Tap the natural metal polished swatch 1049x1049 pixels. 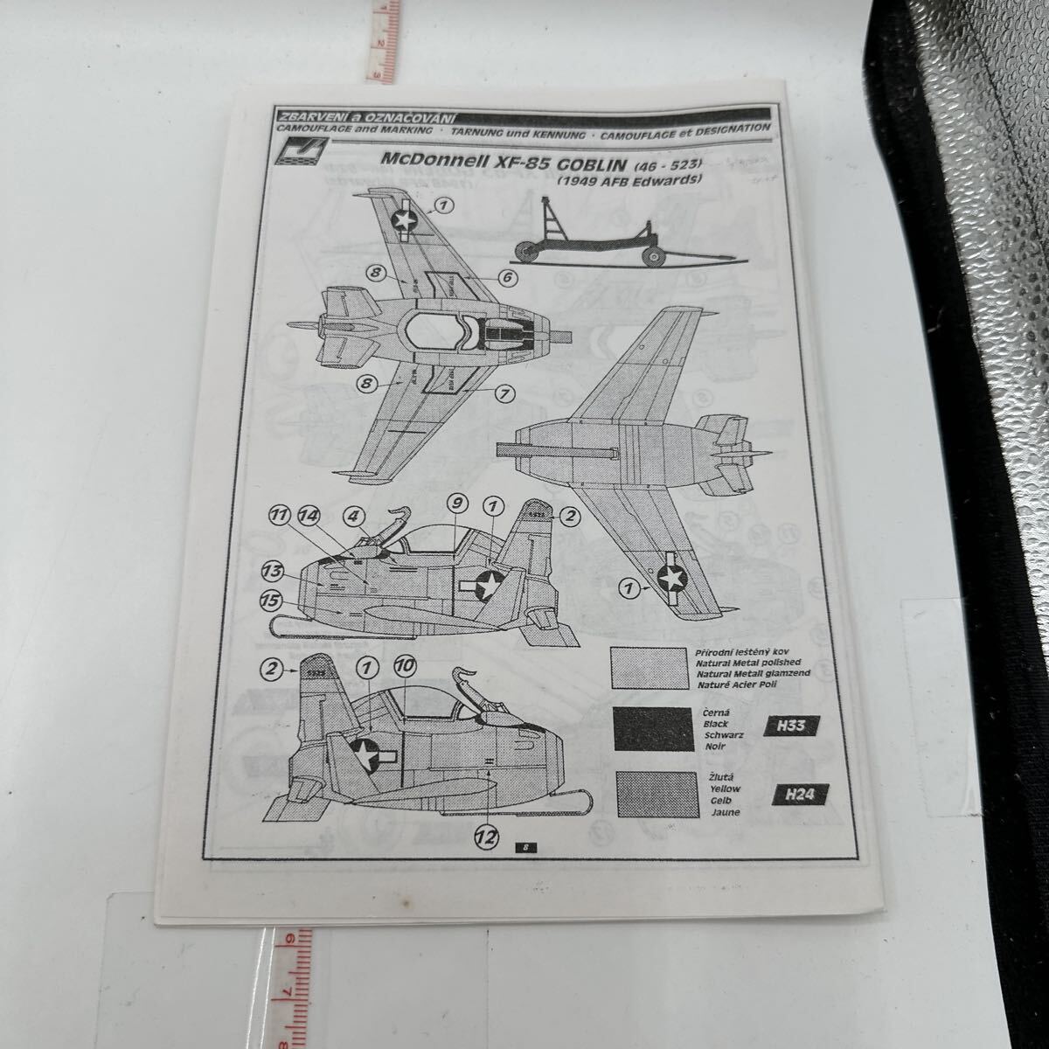(x=649, y=670)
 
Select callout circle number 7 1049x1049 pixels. (x=504, y=393)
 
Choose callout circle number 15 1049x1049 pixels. (x=271, y=600)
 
